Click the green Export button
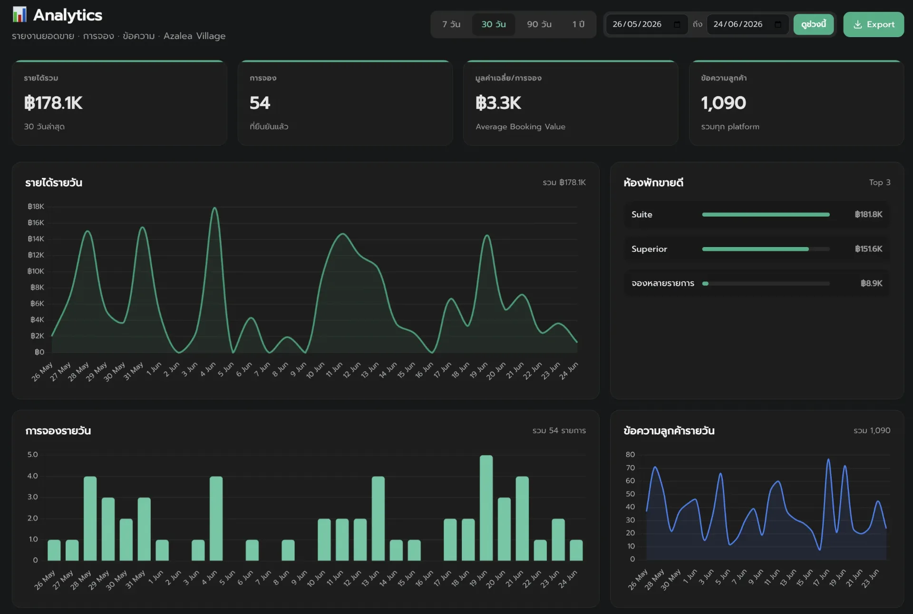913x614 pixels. point(874,24)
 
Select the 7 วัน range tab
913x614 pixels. point(451,24)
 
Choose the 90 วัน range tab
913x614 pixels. point(539,24)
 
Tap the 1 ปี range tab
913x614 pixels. point(578,24)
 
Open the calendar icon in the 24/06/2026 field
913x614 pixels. point(778,24)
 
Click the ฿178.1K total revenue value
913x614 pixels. point(53,103)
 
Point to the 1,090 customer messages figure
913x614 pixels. point(723,103)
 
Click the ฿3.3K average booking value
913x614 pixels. point(498,103)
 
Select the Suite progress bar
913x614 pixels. point(766,215)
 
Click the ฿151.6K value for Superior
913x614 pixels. point(868,249)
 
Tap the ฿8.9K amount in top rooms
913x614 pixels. point(871,283)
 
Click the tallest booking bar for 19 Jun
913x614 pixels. point(486,508)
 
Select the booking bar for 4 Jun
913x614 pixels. point(216,518)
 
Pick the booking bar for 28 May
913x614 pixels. point(90,518)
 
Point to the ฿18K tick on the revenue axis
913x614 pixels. point(36,207)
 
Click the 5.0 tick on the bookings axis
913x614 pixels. point(32,455)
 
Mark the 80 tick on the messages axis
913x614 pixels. point(630,455)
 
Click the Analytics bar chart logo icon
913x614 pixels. point(19,15)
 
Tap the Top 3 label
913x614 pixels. point(880,182)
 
